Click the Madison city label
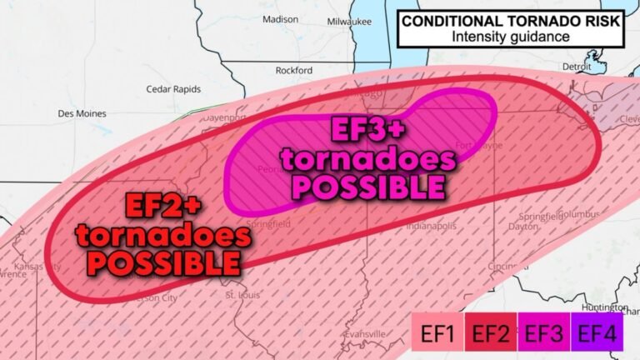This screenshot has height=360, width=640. point(280,19)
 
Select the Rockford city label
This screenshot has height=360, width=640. point(294,71)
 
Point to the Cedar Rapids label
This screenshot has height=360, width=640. point(173,89)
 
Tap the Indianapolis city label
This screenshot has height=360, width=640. point(431,226)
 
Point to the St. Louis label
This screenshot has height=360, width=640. point(242,295)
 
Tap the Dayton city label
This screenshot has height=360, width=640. point(522,226)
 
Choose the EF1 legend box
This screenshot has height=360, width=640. point(437,335)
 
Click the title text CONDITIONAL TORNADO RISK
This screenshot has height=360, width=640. point(509,20)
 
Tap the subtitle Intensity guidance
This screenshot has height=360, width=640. point(511,37)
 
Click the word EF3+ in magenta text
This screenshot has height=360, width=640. point(367,131)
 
